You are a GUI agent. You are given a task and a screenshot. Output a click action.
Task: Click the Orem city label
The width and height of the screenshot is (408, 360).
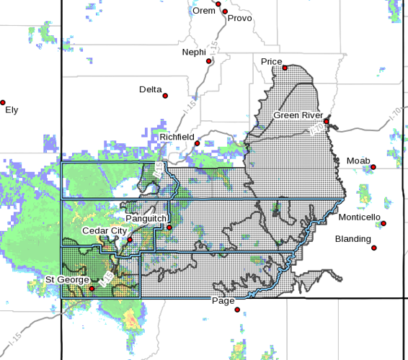click(203, 11)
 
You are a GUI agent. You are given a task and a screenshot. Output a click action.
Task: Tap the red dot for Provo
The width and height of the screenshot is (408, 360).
click(225, 12)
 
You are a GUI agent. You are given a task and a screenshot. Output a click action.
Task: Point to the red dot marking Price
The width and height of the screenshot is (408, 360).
click(285, 68)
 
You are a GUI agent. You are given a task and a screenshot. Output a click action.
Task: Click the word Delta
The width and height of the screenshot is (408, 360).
click(151, 89)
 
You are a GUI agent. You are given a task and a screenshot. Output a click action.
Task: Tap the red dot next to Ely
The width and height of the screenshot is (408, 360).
click(3, 102)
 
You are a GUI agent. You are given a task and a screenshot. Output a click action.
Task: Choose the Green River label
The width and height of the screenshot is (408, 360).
click(296, 115)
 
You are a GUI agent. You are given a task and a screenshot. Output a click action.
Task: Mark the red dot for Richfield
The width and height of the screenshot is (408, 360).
click(197, 143)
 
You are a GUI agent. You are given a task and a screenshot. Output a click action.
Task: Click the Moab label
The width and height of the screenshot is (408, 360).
click(358, 160)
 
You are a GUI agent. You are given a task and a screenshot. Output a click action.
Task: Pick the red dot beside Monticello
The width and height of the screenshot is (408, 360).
click(383, 224)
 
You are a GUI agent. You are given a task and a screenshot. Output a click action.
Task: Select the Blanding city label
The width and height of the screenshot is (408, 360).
click(353, 239)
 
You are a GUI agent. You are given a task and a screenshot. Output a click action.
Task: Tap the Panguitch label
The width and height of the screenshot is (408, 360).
click(146, 217)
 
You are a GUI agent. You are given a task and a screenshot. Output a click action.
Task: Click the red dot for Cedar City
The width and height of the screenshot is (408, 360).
click(130, 240)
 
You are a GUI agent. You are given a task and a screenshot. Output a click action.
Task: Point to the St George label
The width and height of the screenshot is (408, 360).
click(67, 279)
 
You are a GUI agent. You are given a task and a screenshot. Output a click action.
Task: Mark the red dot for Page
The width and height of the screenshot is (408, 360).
click(237, 310)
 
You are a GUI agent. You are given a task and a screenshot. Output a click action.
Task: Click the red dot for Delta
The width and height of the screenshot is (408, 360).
click(165, 96)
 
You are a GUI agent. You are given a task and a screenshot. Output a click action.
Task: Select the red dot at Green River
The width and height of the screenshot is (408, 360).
click(326, 122)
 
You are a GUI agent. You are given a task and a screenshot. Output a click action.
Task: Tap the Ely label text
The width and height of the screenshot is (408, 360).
click(12, 110)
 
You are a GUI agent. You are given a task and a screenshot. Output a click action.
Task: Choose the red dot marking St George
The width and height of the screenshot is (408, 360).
click(92, 289)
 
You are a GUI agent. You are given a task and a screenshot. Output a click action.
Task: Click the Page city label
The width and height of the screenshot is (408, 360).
click(222, 302)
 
